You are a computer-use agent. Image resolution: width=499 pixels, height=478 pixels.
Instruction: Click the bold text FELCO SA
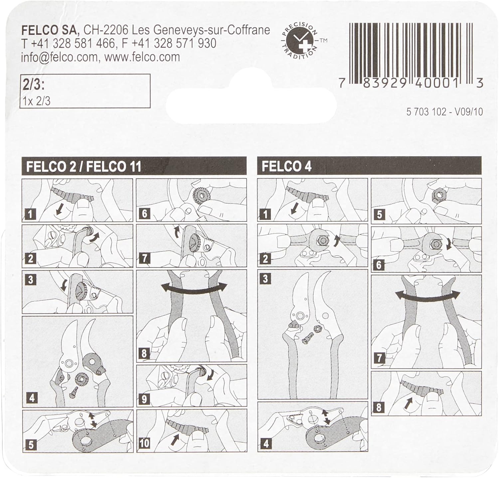50,30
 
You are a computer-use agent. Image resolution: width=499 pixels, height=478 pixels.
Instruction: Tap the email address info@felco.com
59,57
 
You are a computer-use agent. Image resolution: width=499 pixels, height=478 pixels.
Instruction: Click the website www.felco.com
142,57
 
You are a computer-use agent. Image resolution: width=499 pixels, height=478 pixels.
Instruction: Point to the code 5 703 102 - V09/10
444,112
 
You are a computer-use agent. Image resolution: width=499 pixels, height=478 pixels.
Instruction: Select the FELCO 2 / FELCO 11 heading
84,166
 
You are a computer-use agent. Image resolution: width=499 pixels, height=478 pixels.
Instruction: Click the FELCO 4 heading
286,166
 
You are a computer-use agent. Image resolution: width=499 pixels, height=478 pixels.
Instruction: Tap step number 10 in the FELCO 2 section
144,443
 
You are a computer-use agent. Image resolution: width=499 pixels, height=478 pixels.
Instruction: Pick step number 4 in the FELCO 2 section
32,398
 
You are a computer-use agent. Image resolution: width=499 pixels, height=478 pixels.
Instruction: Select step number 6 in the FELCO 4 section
379,265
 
